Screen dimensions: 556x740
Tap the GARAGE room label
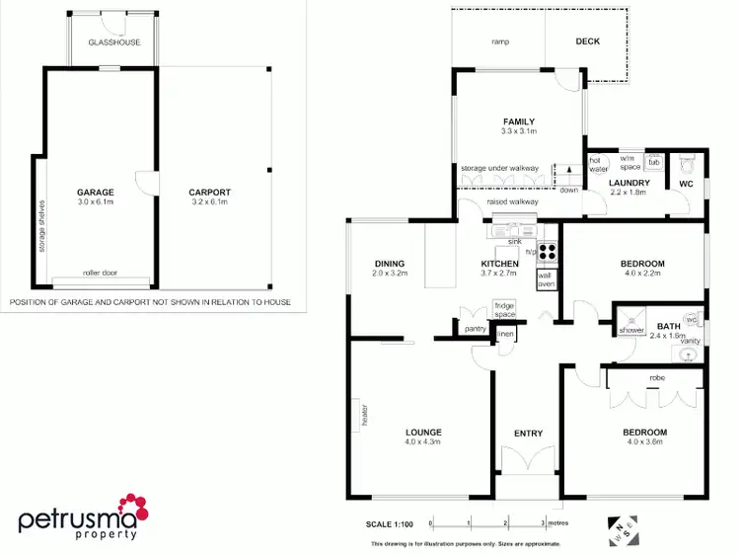click(97, 193)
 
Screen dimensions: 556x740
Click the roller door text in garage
click(100, 273)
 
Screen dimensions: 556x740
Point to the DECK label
click(587, 41)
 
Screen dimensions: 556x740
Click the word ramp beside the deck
click(499, 41)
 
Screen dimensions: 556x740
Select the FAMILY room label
click(518, 121)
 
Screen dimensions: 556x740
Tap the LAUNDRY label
click(629, 183)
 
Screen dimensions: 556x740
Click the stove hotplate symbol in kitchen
click(547, 251)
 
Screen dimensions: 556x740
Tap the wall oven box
click(547, 279)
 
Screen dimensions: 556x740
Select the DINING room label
click(390, 264)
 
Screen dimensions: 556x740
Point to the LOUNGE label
click(422, 432)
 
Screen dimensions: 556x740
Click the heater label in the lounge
click(363, 416)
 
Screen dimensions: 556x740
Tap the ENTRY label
click(528, 433)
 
